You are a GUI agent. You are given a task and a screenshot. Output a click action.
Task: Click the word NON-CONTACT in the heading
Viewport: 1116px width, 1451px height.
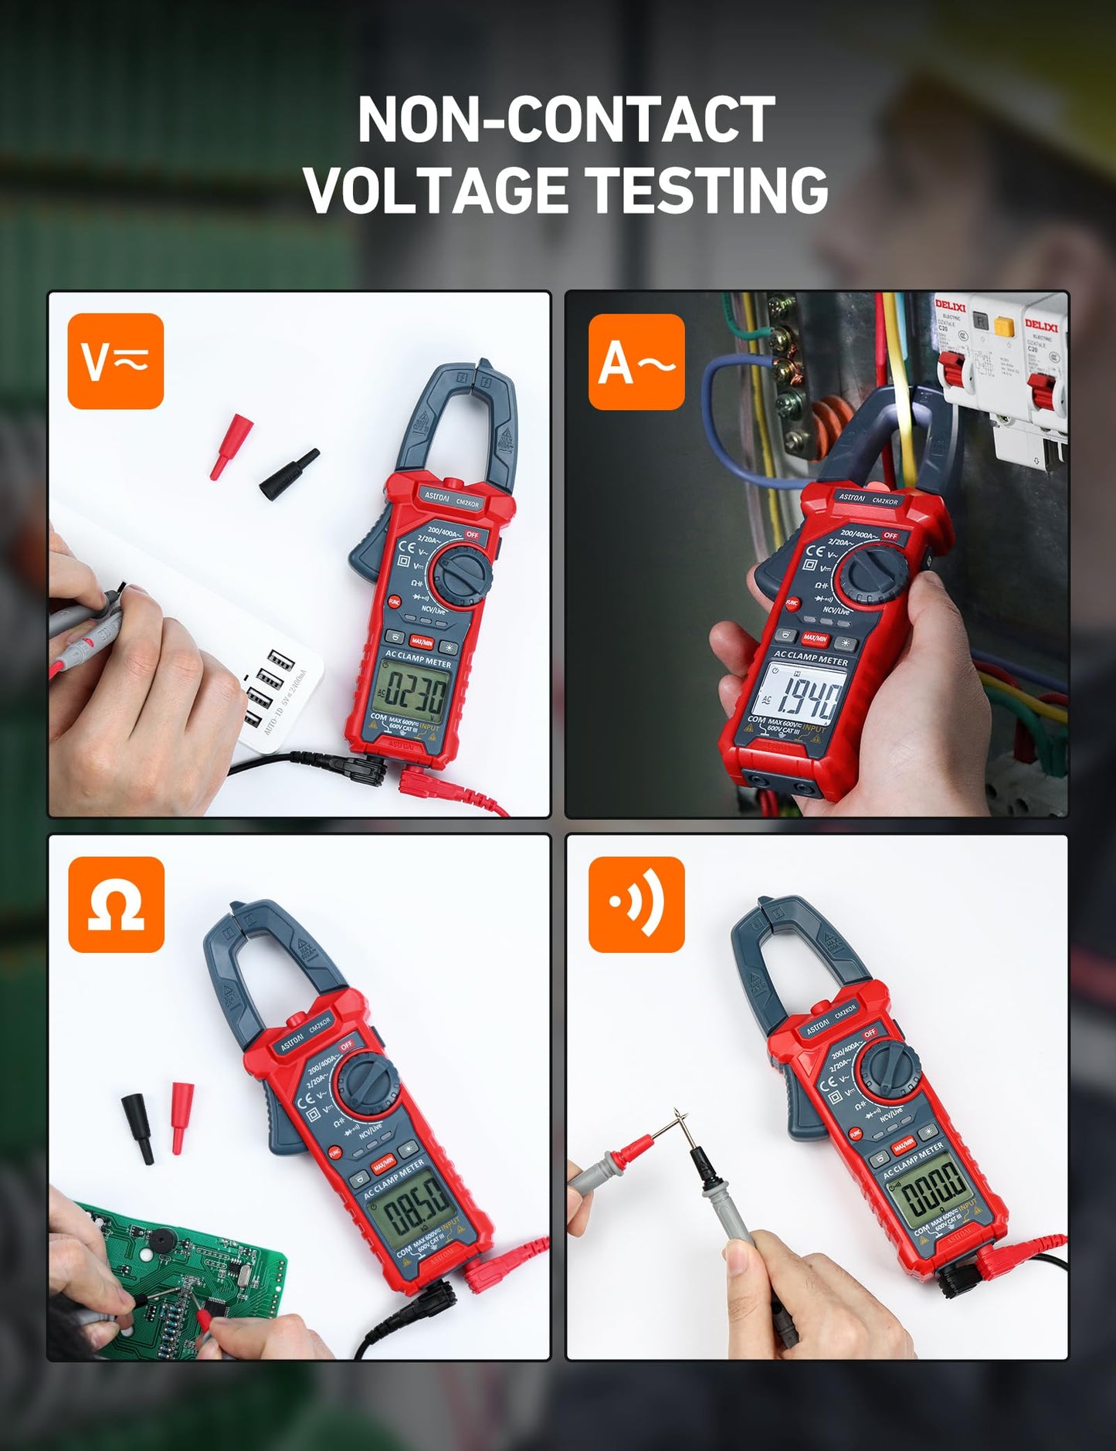coord(566,120)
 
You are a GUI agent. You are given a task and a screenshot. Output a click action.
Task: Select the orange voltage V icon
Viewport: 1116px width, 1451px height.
coord(116,361)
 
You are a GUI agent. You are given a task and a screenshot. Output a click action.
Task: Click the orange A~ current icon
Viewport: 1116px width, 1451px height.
coord(636,361)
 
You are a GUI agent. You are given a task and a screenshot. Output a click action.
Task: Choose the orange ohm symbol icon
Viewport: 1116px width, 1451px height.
coord(116,904)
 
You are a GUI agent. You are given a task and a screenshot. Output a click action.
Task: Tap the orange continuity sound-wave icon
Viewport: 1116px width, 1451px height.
coord(636,904)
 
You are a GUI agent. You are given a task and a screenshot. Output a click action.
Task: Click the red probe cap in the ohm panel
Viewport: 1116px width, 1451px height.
coord(181,1117)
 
